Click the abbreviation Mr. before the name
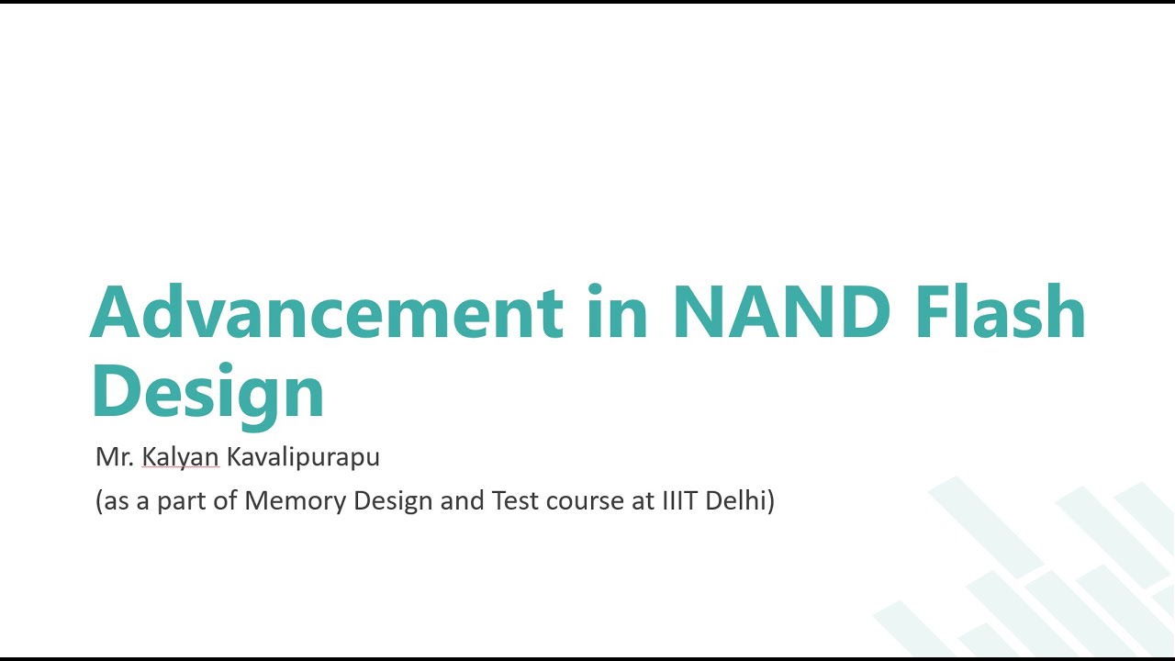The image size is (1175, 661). point(114,456)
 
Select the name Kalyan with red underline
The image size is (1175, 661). point(180,456)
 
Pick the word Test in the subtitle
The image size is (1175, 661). point(520,502)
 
